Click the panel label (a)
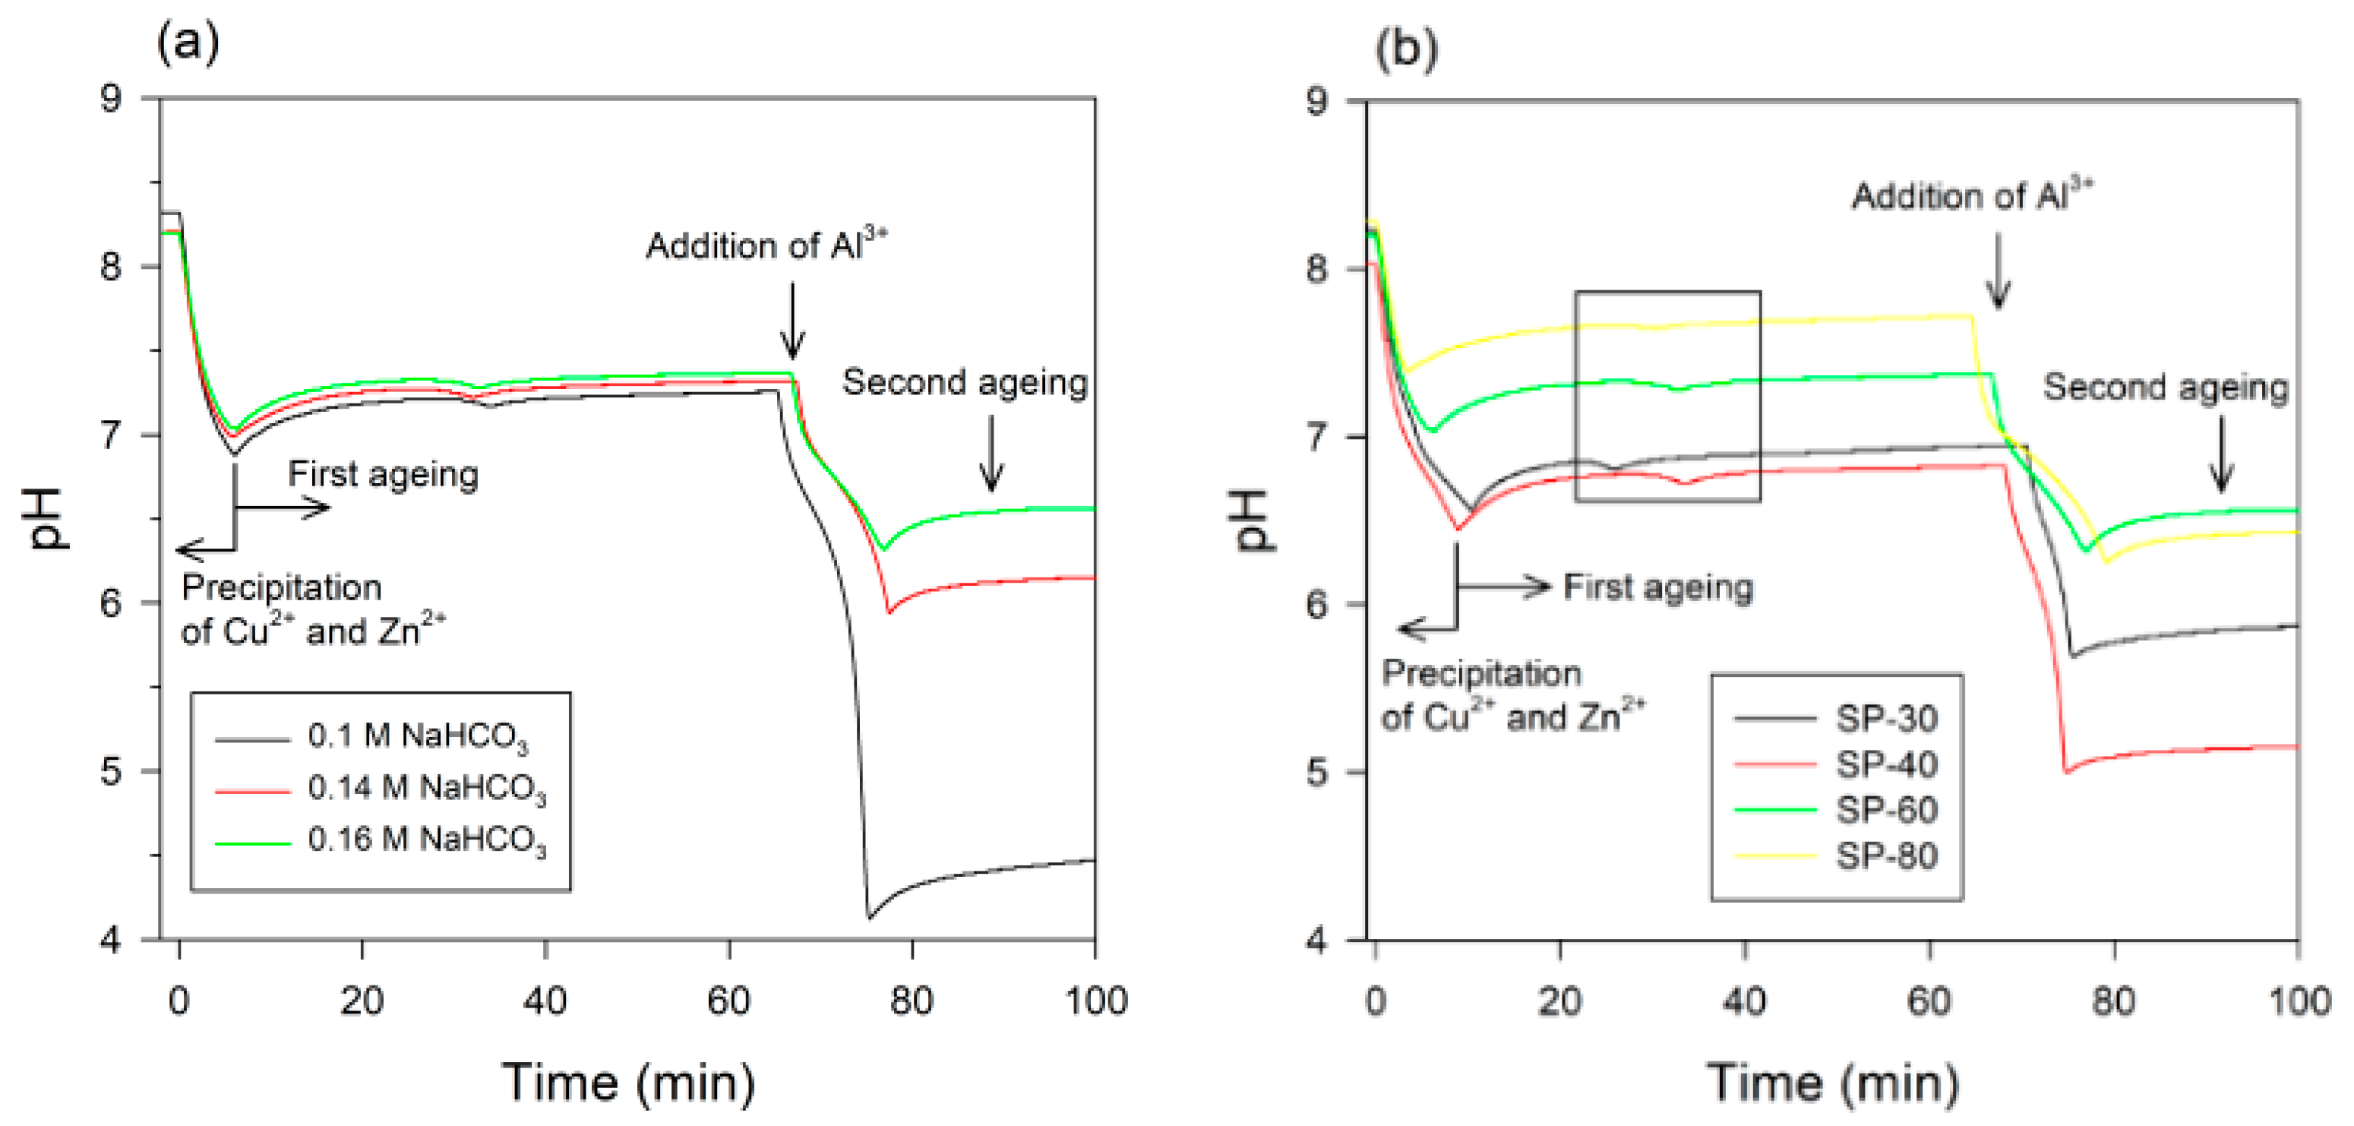(188, 42)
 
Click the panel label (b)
(1405, 48)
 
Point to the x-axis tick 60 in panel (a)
(728, 1001)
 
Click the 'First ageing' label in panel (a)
(383, 474)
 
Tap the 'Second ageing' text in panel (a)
(964, 382)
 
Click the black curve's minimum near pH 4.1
(869, 917)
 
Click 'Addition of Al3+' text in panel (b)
(1971, 195)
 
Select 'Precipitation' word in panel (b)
(1480, 674)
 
